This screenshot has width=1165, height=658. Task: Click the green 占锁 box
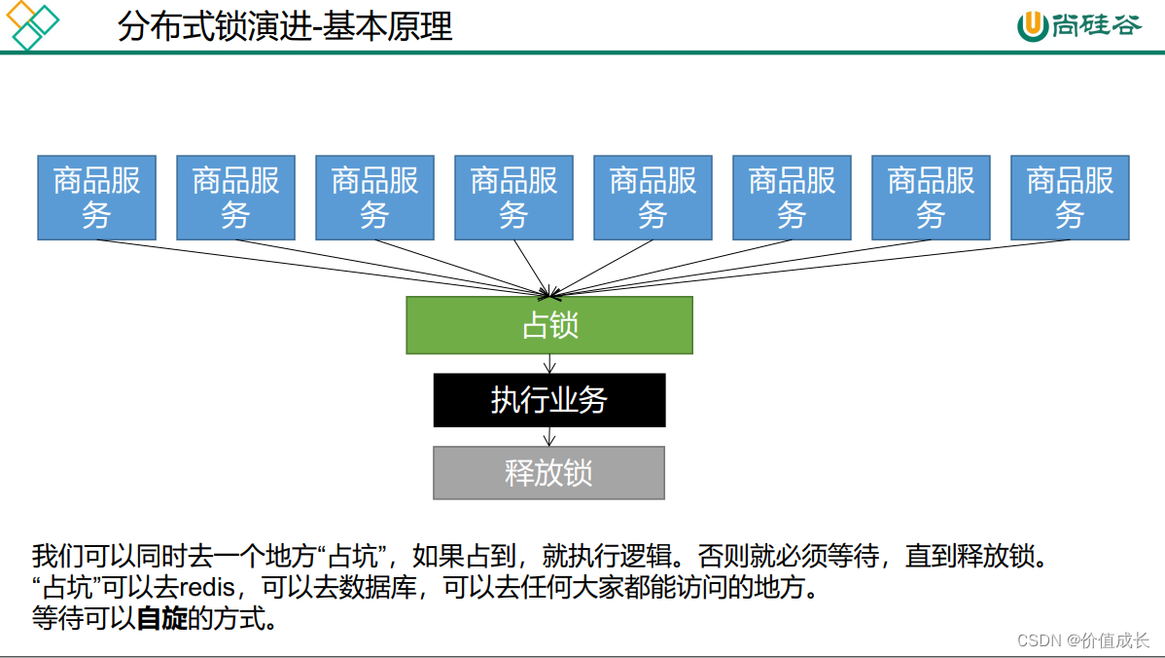[x=549, y=325]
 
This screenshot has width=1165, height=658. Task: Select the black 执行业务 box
[x=549, y=400]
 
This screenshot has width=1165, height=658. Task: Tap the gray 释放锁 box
[x=548, y=473]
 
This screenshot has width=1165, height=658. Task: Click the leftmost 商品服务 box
[x=96, y=198]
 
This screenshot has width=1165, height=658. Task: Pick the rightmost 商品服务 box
[x=1070, y=198]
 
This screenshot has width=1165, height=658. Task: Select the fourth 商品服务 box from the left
[x=513, y=198]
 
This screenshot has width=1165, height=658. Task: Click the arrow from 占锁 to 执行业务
[x=550, y=363]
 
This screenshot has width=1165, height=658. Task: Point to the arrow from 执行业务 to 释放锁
[x=549, y=436]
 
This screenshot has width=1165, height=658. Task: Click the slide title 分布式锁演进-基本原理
[x=285, y=26]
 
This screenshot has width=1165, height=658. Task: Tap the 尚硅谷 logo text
[x=1095, y=25]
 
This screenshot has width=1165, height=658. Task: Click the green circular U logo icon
[x=1032, y=26]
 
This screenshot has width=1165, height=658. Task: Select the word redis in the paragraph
[x=207, y=588]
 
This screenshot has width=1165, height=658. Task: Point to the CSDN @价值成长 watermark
[x=1082, y=640]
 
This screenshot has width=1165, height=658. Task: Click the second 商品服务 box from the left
[x=235, y=198]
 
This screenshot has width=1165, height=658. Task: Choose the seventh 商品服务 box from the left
[x=931, y=198]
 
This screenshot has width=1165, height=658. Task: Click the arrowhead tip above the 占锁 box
[x=550, y=294]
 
